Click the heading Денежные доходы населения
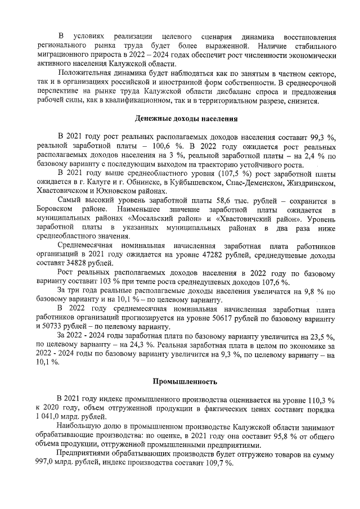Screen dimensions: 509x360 click(187, 119)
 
